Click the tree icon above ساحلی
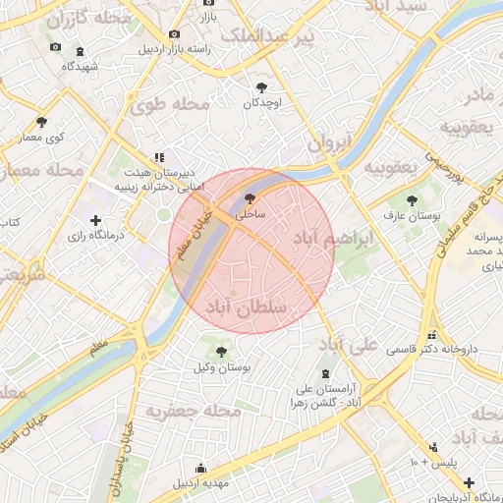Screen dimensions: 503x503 [247, 197]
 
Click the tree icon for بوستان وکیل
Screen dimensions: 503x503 [221, 351]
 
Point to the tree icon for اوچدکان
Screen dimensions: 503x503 [261, 87]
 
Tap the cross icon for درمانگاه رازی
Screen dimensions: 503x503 [95, 220]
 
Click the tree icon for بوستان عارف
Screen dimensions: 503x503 [412, 199]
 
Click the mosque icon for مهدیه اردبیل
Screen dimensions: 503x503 [201, 468]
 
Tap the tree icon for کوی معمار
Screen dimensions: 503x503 [41, 122]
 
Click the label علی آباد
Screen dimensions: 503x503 [349, 345]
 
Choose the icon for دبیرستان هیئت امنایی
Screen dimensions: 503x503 [158, 157]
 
